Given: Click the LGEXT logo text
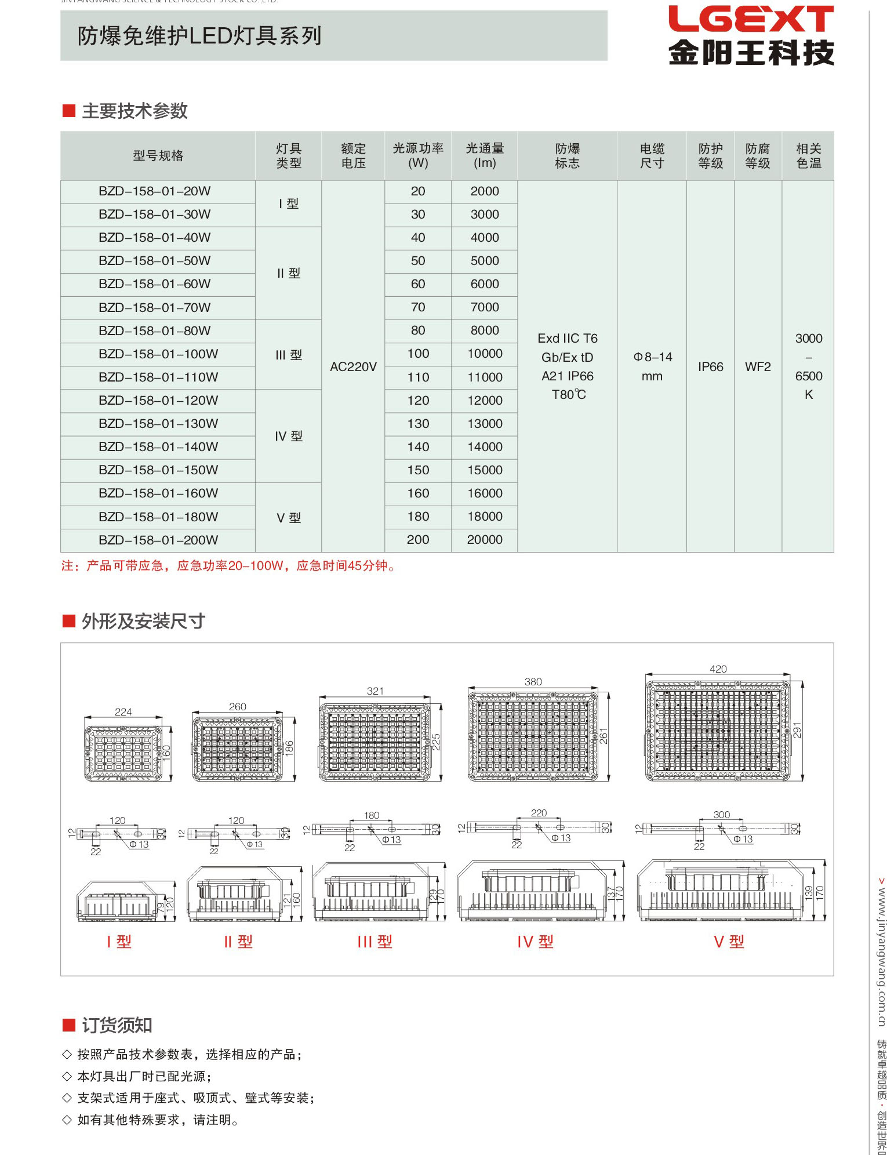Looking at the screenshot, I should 751,20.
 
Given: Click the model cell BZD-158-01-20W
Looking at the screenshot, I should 154,191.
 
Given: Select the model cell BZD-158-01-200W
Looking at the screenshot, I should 158,540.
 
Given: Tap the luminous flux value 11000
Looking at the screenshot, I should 485,377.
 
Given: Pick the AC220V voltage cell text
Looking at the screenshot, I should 353,366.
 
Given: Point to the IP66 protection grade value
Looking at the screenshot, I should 710,366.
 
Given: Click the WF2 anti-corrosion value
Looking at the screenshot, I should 758,366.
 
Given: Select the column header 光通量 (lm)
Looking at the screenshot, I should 485,155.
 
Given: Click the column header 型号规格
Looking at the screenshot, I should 158,155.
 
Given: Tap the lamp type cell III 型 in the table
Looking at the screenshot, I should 289,355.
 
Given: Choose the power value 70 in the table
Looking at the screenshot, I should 417,307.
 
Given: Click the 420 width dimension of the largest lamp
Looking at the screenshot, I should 718,669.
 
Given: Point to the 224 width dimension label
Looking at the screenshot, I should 123,712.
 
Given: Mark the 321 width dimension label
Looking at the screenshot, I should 375,691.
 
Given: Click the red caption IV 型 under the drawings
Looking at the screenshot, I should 535,942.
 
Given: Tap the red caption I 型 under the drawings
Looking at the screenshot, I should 119,942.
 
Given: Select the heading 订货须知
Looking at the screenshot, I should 117,1025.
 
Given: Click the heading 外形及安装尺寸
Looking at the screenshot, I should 143,622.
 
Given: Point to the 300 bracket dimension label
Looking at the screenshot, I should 721,815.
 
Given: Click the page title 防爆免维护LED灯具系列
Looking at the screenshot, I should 199,36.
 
